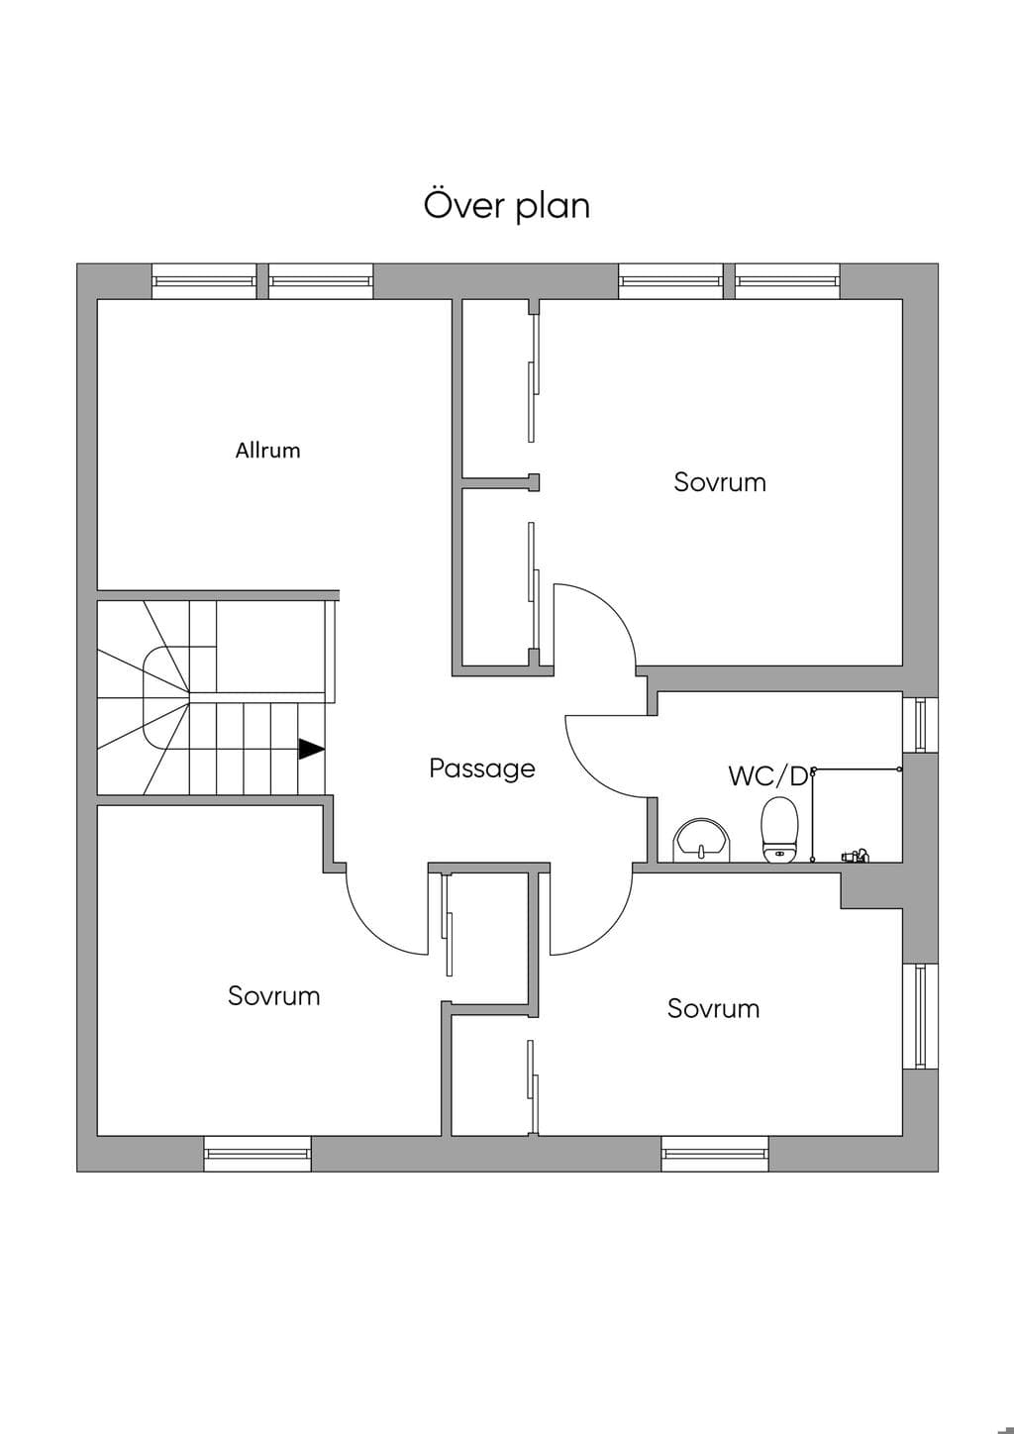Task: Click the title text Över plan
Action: click(506, 205)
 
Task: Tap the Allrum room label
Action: click(267, 450)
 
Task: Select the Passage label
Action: click(482, 768)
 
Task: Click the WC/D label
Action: click(768, 775)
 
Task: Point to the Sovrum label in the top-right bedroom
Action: click(720, 482)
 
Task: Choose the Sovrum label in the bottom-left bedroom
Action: click(274, 995)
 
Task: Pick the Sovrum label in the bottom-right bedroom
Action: click(713, 1008)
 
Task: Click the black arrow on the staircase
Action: click(311, 749)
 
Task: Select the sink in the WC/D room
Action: click(701, 840)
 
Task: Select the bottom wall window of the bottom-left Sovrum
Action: click(257, 1154)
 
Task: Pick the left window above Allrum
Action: click(204, 281)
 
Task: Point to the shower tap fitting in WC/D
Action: click(856, 855)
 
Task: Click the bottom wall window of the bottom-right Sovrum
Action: click(715, 1154)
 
